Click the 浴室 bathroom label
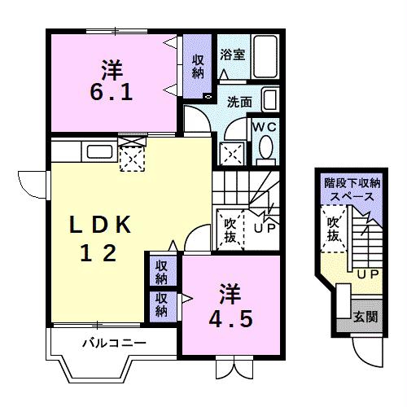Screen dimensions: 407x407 point(233,55)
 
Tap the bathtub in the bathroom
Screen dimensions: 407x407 point(265,56)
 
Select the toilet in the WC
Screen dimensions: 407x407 point(265,150)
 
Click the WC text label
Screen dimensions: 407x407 point(265,127)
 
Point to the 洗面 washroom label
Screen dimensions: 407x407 point(239,102)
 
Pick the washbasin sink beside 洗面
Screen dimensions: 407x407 point(270,99)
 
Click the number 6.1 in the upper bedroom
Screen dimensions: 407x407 point(112,92)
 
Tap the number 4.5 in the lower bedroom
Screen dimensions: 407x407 point(230,319)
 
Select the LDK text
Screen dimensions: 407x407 point(100,225)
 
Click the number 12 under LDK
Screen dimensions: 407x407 point(98,253)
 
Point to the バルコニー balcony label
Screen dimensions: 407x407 point(114,344)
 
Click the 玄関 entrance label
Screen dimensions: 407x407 point(365,316)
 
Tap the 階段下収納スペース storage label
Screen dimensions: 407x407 point(352,190)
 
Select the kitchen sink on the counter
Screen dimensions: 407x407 point(99,152)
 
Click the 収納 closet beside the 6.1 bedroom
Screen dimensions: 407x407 point(198,66)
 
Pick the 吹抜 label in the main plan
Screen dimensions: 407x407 point(230,230)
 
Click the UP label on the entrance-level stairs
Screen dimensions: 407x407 point(368,275)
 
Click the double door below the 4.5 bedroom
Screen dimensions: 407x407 point(234,368)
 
